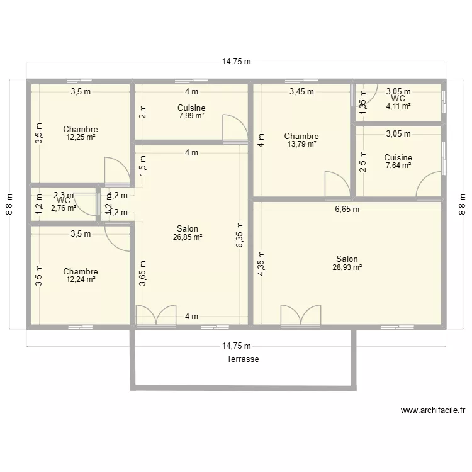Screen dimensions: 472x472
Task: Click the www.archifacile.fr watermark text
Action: point(433,410)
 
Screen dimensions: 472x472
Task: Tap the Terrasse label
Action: point(243,359)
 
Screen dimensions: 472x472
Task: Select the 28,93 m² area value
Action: point(347,267)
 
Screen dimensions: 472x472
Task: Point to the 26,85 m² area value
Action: point(188,237)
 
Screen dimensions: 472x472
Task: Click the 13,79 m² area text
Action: point(301,144)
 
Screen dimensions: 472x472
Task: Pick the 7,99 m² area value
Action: point(191,116)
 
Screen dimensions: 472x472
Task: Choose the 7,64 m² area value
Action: point(398,166)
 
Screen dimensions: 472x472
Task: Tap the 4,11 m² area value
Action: point(398,106)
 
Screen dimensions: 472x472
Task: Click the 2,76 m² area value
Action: point(64,208)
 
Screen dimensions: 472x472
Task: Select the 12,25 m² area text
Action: point(81,137)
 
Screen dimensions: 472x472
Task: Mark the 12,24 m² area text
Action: point(81,279)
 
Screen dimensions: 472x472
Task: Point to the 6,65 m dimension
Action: point(347,210)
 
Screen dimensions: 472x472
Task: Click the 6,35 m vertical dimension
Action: point(240,234)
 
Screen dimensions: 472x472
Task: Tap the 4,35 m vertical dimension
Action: point(261,264)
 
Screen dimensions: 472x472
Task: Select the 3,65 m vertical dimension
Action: point(143,274)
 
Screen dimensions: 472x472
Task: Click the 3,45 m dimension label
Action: point(301,92)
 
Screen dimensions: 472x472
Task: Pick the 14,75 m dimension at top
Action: point(237,62)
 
